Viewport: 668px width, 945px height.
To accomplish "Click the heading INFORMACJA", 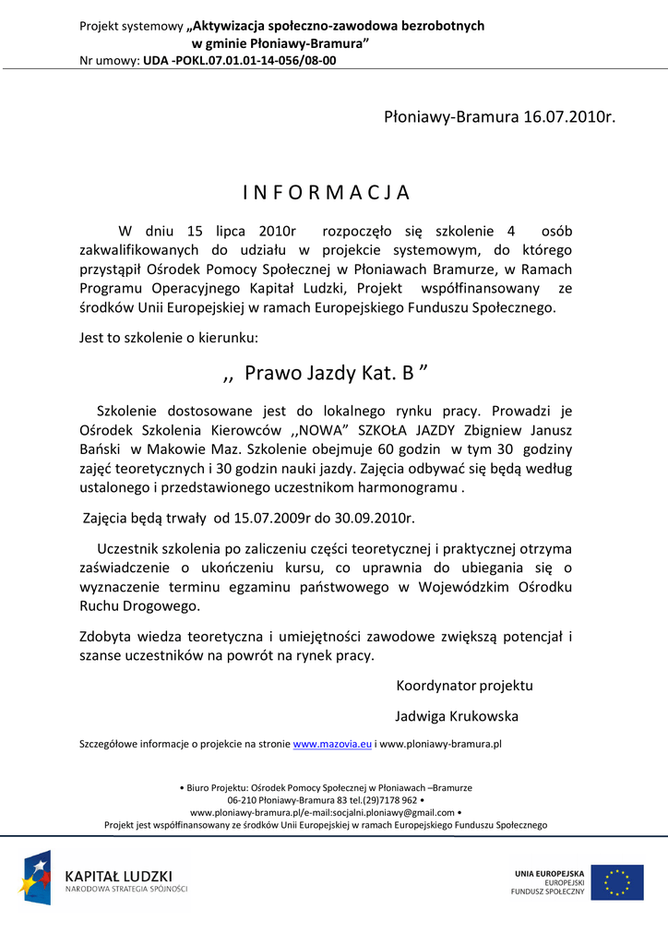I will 327,193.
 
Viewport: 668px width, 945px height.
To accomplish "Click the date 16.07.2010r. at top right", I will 568,117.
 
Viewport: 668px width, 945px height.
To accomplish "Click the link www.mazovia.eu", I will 331,743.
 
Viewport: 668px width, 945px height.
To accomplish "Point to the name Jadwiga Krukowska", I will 457,716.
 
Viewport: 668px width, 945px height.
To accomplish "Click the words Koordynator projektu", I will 464,686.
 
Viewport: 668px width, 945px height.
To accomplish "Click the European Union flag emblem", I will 617,882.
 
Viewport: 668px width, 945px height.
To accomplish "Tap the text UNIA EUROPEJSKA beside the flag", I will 550,873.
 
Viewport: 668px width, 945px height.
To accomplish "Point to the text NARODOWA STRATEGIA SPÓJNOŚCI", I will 125,889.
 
